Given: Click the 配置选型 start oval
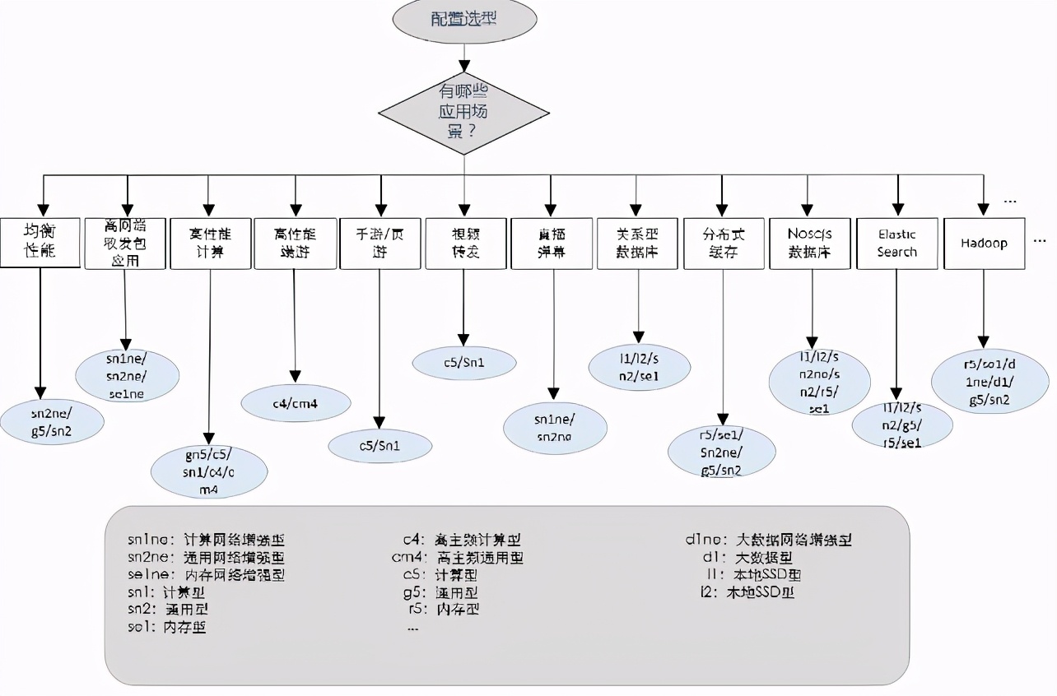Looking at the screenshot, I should tap(464, 20).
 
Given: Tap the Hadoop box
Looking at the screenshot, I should tap(984, 244).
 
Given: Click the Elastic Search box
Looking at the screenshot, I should tap(896, 244).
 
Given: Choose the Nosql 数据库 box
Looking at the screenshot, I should tap(810, 244).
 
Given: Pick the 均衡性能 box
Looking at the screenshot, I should tap(40, 244).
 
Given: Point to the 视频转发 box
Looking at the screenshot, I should tap(465, 244).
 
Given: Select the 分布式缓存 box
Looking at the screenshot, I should tap(724, 244).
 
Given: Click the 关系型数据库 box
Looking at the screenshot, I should tap(637, 244).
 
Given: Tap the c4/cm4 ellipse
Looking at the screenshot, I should tap(296, 404).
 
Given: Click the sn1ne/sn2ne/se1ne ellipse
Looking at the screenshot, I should tap(127, 375).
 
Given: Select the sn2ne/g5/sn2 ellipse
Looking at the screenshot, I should tap(51, 422).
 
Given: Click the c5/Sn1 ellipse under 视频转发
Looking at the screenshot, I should tap(465, 363).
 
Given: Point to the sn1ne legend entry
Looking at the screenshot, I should tap(206, 540).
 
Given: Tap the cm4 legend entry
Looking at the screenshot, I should tap(458, 558).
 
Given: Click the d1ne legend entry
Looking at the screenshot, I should tap(768, 540).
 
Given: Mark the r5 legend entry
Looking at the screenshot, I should tap(444, 610).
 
